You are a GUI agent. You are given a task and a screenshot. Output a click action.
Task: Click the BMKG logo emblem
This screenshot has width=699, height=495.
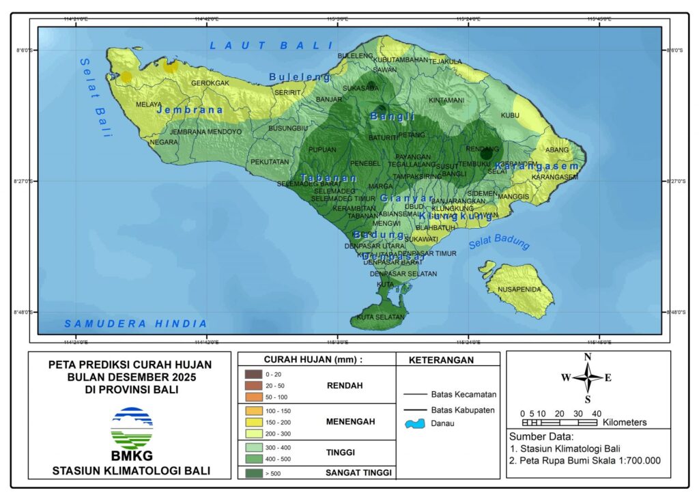coord(132,428)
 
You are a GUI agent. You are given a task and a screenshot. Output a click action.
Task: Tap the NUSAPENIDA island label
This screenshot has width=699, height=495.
coord(519,289)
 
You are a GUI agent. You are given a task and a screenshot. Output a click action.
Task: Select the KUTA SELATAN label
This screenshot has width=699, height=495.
coord(381,317)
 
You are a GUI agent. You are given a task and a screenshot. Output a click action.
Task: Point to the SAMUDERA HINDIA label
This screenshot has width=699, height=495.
coord(135,324)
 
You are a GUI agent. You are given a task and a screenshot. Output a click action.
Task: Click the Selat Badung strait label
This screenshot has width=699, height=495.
coord(499,244)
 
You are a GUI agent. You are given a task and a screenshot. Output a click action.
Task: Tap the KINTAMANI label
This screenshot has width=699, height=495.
coord(446,100)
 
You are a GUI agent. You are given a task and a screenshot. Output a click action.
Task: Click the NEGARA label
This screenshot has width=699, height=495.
coord(164,142)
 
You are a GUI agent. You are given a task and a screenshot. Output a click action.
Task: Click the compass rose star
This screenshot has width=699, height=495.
coord(587,378)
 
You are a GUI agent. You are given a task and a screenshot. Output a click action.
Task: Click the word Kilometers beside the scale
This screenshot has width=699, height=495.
coord(625,423)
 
